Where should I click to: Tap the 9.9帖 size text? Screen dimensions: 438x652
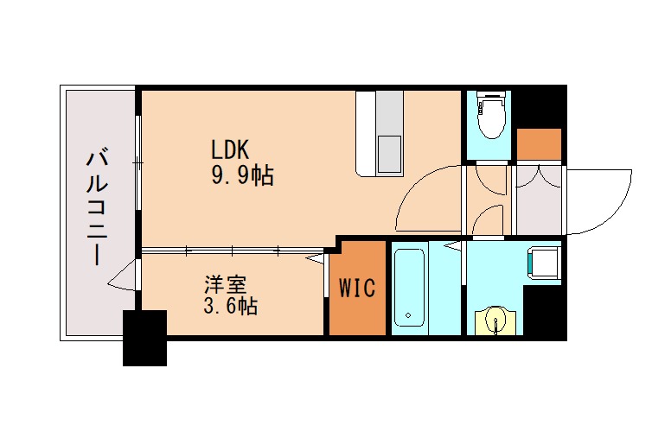pyautogui.click(x=242, y=177)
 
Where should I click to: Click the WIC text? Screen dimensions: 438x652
pyautogui.click(x=356, y=288)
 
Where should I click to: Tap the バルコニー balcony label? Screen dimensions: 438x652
pyautogui.click(x=97, y=207)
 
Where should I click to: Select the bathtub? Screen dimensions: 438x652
pyautogui.click(x=409, y=288)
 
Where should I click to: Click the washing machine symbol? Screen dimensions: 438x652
pyautogui.click(x=544, y=263)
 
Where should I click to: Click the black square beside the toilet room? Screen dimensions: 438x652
pyautogui.click(x=540, y=105)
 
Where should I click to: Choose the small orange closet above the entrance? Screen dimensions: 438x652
pyautogui.click(x=539, y=143)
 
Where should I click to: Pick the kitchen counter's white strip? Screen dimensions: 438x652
pyautogui.click(x=365, y=134)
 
